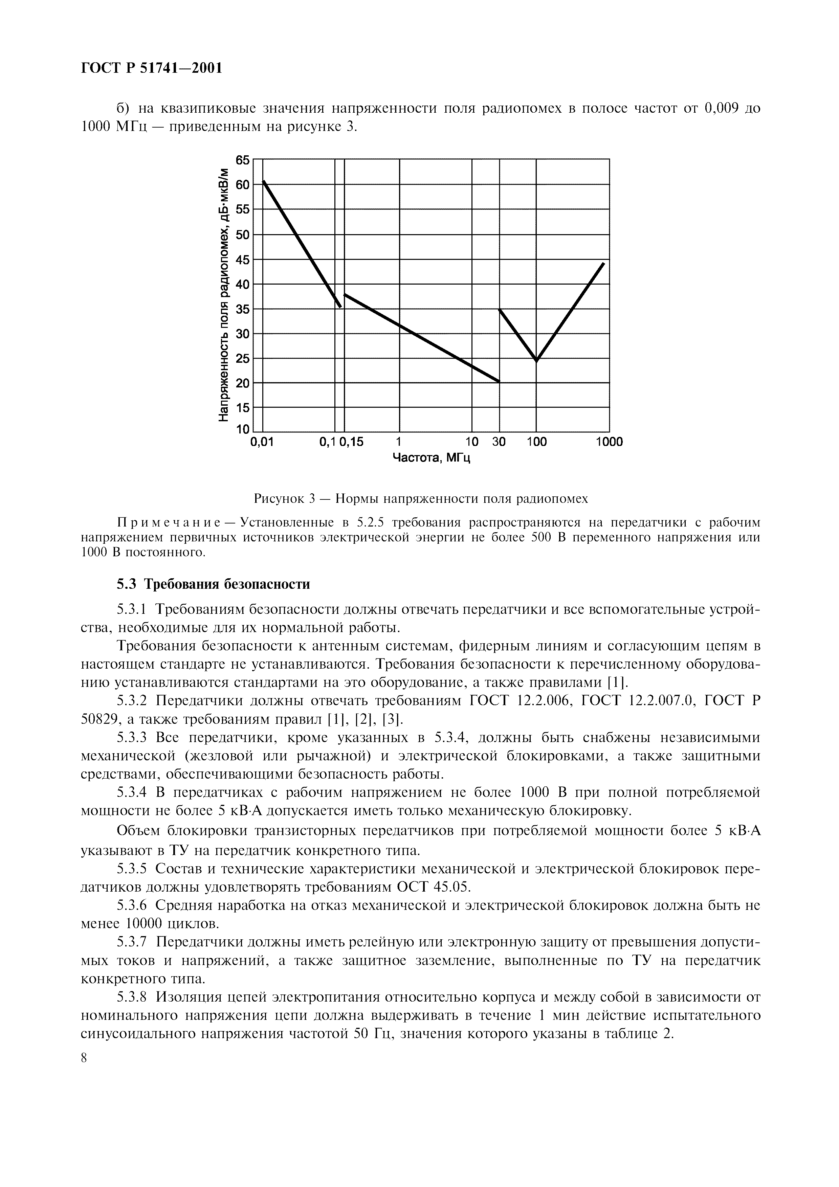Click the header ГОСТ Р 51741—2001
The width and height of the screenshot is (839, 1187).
[152, 68]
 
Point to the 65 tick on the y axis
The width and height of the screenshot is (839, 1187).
[242, 160]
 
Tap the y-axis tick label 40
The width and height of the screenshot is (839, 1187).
[242, 284]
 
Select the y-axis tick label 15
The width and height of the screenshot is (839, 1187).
[242, 408]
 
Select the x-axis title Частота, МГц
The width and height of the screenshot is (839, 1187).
[431, 458]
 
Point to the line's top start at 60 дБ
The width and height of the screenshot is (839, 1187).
[264, 181]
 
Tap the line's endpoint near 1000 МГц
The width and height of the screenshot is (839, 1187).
[603, 263]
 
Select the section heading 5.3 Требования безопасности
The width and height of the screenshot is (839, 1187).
[213, 584]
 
